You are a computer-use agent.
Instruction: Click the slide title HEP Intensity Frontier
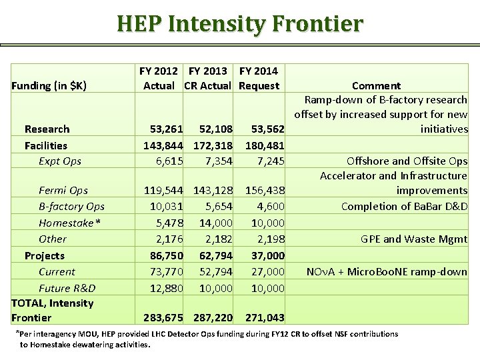(240, 24)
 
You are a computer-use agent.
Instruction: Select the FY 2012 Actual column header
(159, 78)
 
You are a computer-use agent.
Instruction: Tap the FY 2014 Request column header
(259, 78)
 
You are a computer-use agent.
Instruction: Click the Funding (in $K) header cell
(49, 85)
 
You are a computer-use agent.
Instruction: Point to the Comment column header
(376, 85)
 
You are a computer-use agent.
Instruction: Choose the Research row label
(47, 129)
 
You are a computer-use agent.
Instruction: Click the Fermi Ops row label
(63, 191)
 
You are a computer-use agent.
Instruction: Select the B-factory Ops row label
(71, 206)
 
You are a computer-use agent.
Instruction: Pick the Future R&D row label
(67, 288)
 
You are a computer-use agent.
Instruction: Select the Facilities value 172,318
(213, 145)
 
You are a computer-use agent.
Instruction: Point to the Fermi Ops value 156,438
(265, 191)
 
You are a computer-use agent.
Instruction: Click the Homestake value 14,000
(215, 223)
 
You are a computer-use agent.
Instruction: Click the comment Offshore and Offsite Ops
(407, 161)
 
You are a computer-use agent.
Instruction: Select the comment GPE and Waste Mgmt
(414, 239)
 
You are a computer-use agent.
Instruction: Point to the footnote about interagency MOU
(207, 339)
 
